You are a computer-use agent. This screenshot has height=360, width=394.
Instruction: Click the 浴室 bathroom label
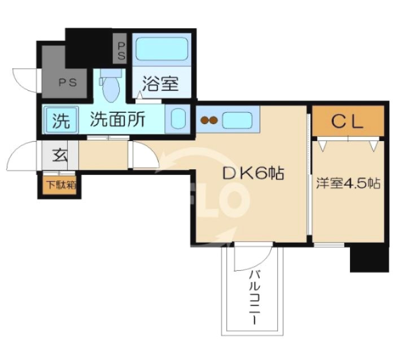click(160, 85)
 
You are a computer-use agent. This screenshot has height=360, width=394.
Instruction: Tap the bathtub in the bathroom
click(161, 50)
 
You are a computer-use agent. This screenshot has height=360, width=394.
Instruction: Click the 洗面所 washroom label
click(118, 120)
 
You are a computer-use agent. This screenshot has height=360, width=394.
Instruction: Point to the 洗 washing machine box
click(58, 120)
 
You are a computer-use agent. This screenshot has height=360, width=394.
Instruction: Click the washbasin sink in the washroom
click(178, 119)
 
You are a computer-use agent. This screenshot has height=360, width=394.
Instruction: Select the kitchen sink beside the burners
click(238, 120)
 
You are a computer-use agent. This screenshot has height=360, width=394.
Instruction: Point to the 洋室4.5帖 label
click(347, 183)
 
